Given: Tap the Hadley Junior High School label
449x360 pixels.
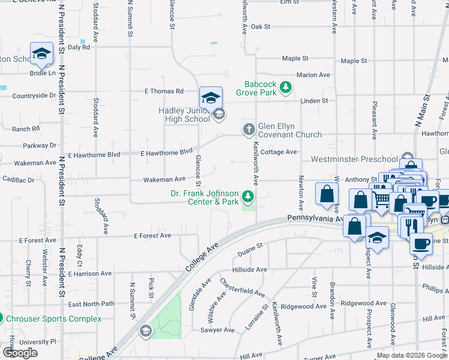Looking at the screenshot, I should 184,115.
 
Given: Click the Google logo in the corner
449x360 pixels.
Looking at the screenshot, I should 20,353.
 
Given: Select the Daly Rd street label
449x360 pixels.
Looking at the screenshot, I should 79,47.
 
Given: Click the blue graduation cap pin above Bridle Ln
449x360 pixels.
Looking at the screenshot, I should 41,54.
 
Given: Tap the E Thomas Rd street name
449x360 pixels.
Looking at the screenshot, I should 163,91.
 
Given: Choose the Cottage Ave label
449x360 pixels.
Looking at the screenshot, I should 279,152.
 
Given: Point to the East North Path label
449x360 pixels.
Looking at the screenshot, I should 91,304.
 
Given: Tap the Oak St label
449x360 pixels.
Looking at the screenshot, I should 261,26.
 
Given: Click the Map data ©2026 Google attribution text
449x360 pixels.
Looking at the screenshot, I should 412,355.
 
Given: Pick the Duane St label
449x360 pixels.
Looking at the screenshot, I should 250,246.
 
